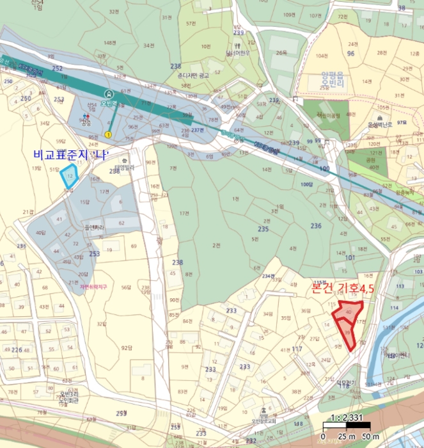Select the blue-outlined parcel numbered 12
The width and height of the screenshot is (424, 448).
[x=69, y=175]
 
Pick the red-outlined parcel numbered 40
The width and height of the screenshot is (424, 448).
[x=348, y=312]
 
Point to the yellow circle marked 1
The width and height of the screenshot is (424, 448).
[x=109, y=134]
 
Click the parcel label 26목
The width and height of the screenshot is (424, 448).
[x=282, y=53]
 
